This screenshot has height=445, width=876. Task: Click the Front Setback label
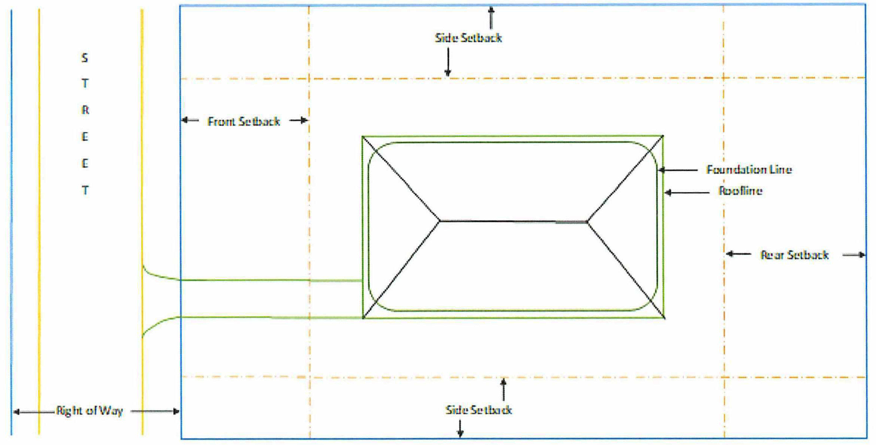pos(244,121)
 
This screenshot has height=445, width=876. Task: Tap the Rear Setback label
pos(794,255)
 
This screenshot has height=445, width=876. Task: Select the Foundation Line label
pos(749,169)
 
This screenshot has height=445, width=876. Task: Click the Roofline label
pos(740,191)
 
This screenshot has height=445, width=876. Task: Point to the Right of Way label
pos(89,411)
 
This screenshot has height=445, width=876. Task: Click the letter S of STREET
pos(85,58)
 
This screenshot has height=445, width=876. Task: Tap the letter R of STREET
pos(85,110)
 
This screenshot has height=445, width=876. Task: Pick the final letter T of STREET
pos(85,190)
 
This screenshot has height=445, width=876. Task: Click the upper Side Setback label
pos(468,38)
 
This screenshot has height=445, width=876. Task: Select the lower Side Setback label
pos(478,410)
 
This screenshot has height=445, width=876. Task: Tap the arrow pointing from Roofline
pos(687,193)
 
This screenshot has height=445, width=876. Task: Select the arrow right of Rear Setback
pos(854,255)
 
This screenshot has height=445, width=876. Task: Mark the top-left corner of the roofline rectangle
pos(363,137)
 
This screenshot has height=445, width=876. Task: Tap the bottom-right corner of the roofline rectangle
pos(664,318)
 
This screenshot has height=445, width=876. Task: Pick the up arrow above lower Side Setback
pos(503,390)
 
